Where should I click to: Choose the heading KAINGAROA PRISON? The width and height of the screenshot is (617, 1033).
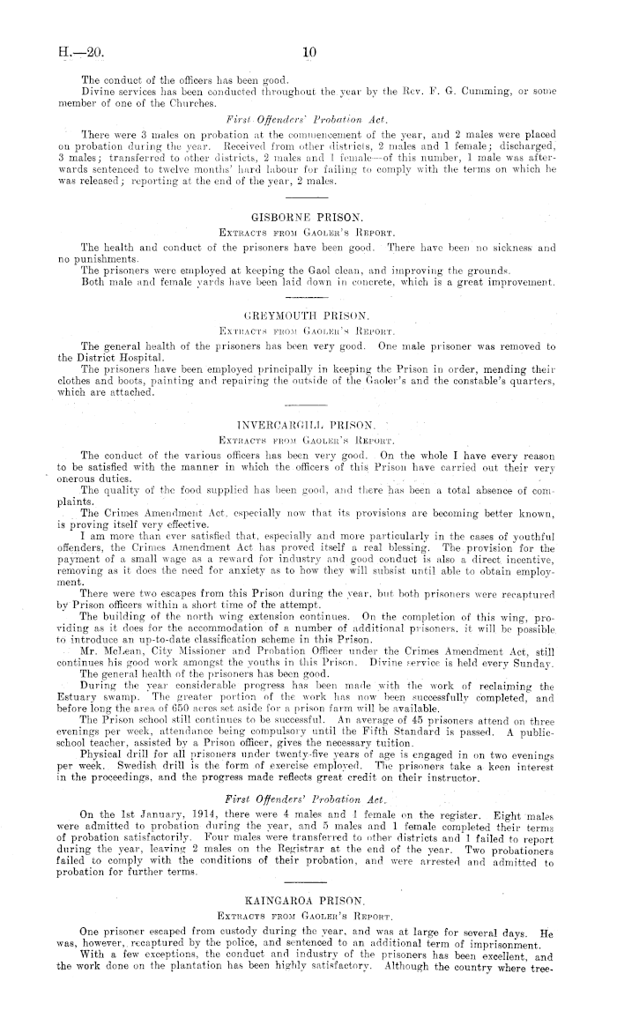pos(308,923)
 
